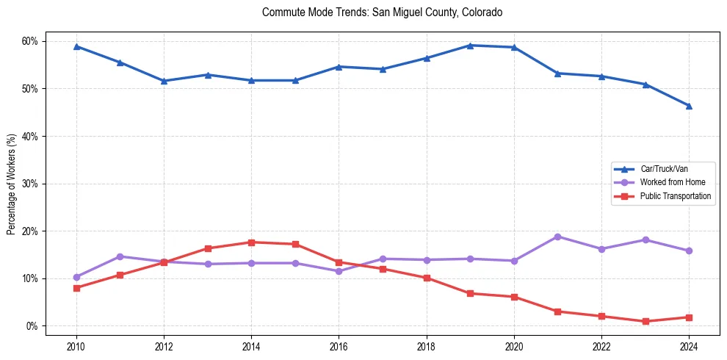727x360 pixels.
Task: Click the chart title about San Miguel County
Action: [x=382, y=12]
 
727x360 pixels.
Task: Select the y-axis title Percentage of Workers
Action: [x=11, y=184]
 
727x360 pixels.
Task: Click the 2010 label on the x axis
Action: [x=76, y=346]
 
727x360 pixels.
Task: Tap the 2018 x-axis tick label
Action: [x=427, y=346]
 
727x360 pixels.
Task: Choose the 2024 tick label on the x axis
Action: [x=689, y=346]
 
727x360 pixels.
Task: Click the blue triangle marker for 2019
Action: [x=470, y=46]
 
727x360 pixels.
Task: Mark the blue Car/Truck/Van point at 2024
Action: [x=689, y=106]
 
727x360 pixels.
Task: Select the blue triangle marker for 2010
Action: [x=76, y=46]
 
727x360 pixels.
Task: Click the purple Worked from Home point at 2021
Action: [x=557, y=237]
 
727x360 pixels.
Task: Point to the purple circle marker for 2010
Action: [x=76, y=277]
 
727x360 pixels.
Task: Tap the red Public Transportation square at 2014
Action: [x=251, y=242]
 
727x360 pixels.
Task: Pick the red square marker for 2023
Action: [x=645, y=321]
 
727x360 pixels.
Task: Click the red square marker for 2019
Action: [x=470, y=293]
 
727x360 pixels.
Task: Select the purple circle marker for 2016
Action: [x=339, y=271]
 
